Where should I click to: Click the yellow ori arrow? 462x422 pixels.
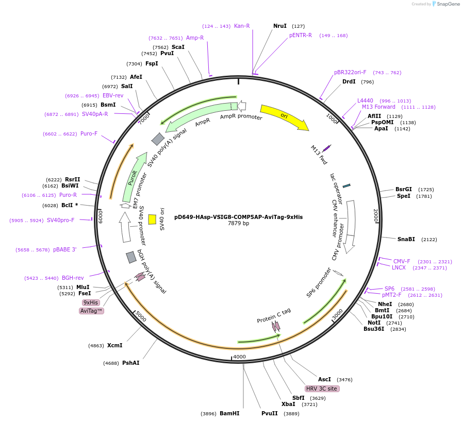pos(284,117)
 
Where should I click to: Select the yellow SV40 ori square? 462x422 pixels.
pos(152,219)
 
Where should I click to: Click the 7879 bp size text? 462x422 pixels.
pos(238,224)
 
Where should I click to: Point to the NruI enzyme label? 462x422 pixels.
pos(280,26)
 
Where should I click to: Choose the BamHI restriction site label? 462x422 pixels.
pos(229,413)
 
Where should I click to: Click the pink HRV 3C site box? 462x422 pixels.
pos(322,389)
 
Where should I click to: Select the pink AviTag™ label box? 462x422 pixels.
pos(92,311)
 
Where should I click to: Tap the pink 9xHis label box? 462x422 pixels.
pos(91,302)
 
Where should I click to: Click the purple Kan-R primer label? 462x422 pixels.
pos(242,26)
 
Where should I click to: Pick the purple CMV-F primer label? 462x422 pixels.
pos(402,261)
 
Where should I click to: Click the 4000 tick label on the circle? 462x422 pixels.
pos(239,357)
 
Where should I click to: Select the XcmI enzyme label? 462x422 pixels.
pos(114,345)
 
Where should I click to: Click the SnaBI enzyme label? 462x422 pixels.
pos(406,239)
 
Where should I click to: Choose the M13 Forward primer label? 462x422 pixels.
pos(378,107)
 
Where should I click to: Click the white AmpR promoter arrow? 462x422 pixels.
pos(241,106)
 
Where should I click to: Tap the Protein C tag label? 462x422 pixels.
pos(274,316)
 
